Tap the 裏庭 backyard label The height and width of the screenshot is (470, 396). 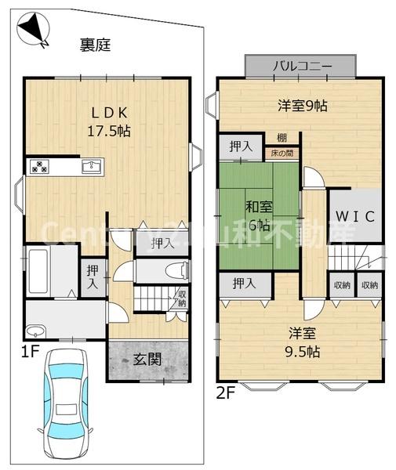[95, 45]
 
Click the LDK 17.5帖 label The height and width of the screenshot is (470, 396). [108, 121]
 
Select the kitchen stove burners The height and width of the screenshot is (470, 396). [40, 166]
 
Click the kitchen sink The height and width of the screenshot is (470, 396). [92, 166]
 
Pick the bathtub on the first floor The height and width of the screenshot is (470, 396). [39, 270]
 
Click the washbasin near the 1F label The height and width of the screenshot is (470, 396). [38, 329]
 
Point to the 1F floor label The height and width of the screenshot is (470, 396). [30, 352]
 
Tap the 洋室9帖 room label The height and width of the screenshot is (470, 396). [302, 106]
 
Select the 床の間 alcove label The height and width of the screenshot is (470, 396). [280, 154]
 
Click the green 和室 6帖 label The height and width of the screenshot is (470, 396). [258, 215]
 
